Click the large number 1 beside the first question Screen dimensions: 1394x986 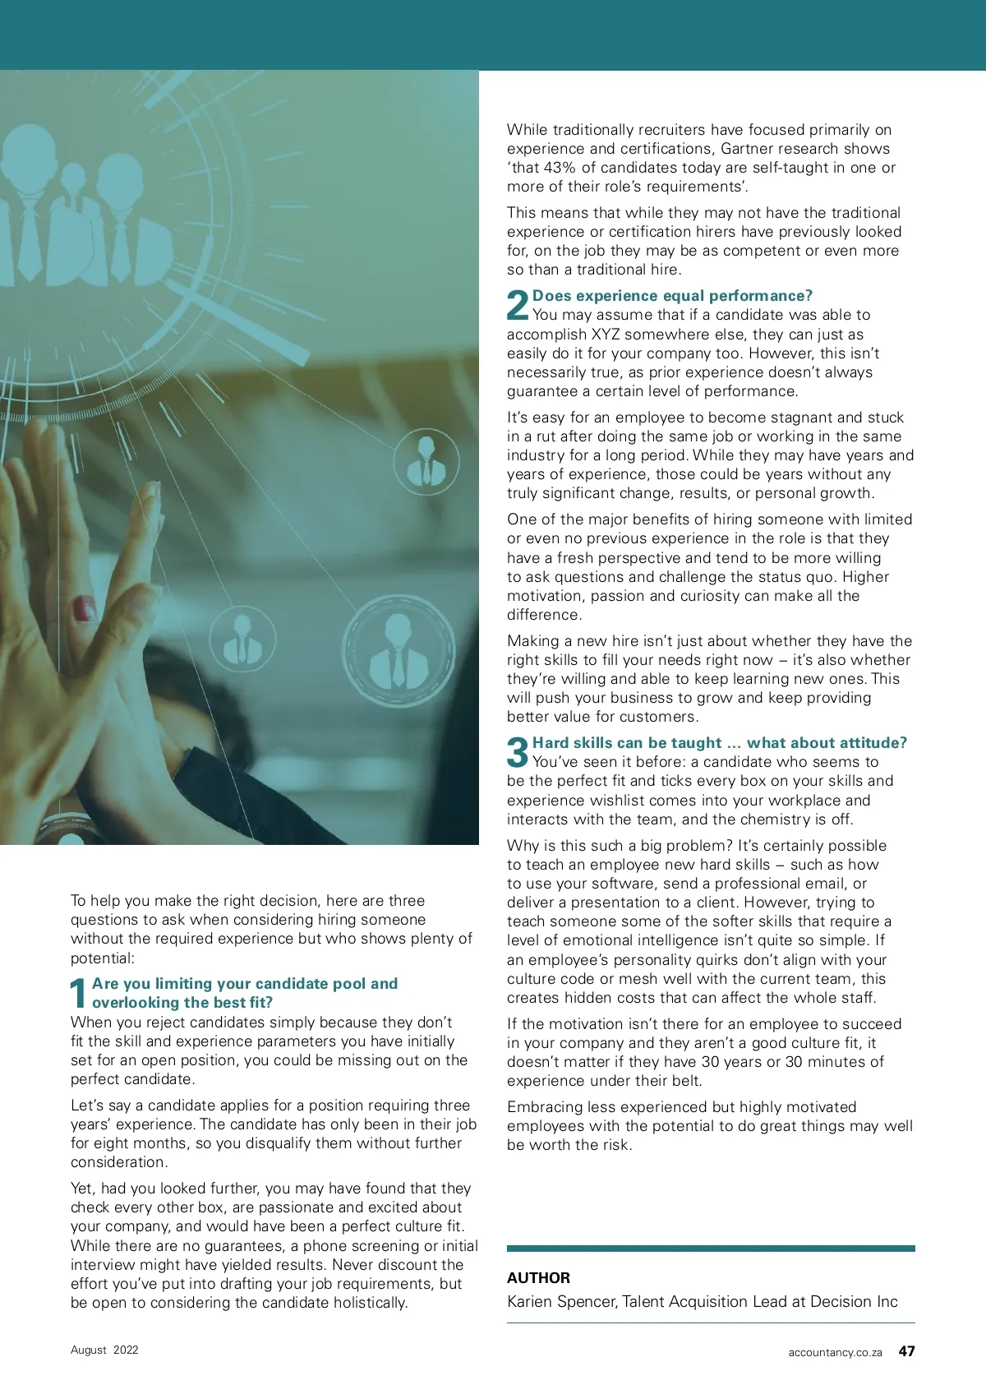[79, 993]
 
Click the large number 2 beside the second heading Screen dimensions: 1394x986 [518, 305]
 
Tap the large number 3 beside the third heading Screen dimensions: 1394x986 [518, 752]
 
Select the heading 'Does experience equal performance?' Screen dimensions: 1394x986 [672, 296]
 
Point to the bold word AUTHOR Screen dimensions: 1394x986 [538, 1278]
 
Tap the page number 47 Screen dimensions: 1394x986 [906, 1351]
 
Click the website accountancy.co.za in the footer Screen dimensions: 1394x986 [835, 1352]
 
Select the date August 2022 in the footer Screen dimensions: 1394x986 [104, 1350]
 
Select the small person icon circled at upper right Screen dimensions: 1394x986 [426, 463]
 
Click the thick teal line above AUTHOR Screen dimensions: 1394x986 [711, 1249]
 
